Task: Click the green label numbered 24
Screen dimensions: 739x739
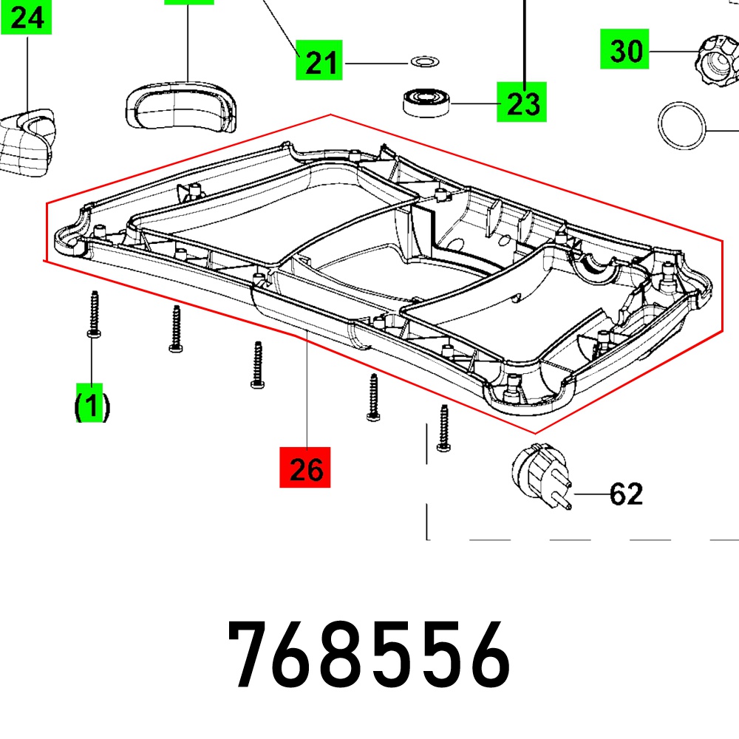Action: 27,18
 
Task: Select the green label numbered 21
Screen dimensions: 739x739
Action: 319,61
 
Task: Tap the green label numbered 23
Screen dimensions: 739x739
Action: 522,102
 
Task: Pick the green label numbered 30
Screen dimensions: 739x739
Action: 624,49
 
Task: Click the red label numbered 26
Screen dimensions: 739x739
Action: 305,467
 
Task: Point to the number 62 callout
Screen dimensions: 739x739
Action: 626,494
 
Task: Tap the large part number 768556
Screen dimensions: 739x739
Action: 369,654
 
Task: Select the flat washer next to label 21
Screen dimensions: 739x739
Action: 425,61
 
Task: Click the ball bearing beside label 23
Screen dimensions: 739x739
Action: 426,102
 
